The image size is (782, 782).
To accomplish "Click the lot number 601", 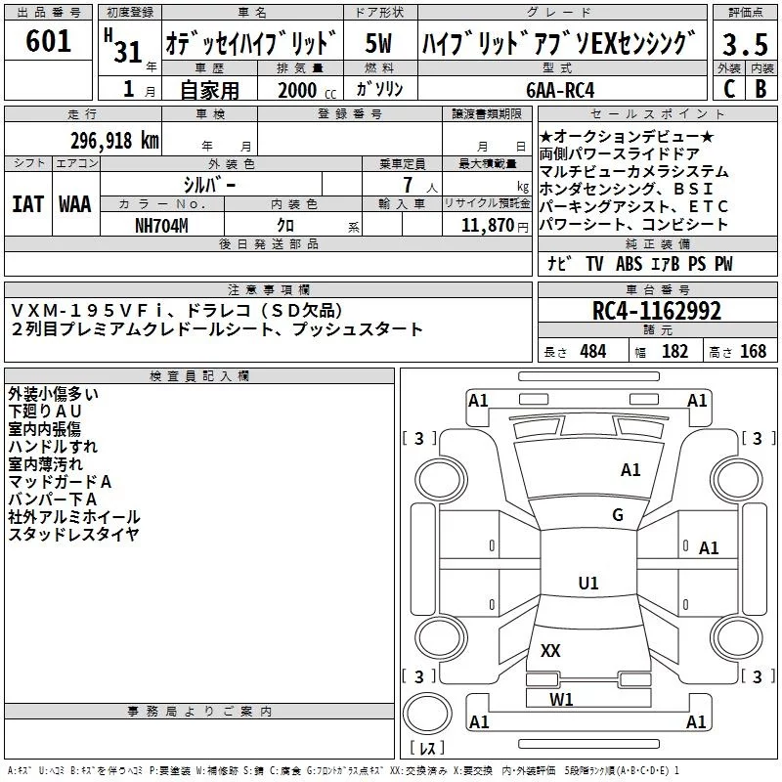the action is pyautogui.click(x=49, y=42).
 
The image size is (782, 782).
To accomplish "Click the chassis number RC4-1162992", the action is pyautogui.click(x=657, y=312).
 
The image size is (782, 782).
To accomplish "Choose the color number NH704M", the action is pyautogui.click(x=162, y=224).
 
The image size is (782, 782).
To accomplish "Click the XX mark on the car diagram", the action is pyautogui.click(x=550, y=650).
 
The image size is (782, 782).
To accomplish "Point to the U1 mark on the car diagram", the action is pyautogui.click(x=587, y=584).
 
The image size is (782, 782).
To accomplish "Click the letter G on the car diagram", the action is pyautogui.click(x=617, y=515).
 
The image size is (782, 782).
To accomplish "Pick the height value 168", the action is pyautogui.click(x=754, y=351).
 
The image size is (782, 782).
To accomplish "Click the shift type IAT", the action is pyautogui.click(x=28, y=204).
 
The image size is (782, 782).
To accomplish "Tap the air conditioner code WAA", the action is pyautogui.click(x=75, y=204).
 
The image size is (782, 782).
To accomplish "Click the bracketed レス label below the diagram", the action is pyautogui.click(x=425, y=749).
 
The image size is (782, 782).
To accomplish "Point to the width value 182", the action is pyautogui.click(x=674, y=351).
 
